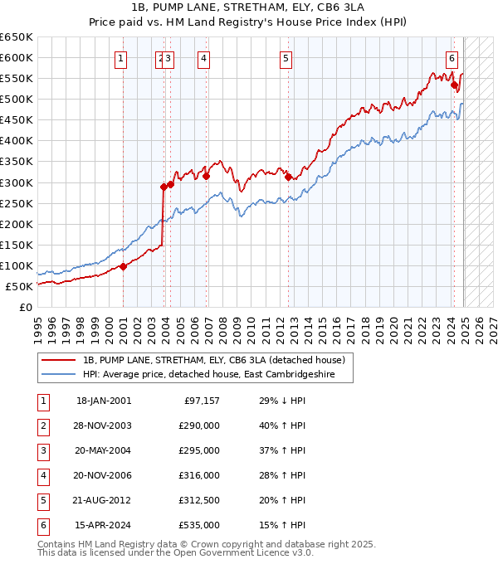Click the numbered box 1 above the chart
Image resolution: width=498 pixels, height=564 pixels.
[x=121, y=58]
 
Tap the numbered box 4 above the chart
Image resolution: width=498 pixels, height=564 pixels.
[x=203, y=58]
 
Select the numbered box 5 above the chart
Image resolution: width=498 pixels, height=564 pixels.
[x=286, y=58]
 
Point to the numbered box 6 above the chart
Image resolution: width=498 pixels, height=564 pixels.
[x=452, y=58]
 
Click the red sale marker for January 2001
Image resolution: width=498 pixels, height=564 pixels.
[x=123, y=266]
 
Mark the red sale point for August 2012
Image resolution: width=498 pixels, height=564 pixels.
[x=288, y=177]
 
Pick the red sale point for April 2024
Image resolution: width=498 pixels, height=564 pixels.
[x=454, y=85]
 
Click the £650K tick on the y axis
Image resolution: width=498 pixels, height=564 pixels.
[x=16, y=37]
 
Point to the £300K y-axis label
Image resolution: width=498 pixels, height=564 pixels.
[x=16, y=182]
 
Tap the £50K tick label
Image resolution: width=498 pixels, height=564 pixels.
[x=19, y=286]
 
